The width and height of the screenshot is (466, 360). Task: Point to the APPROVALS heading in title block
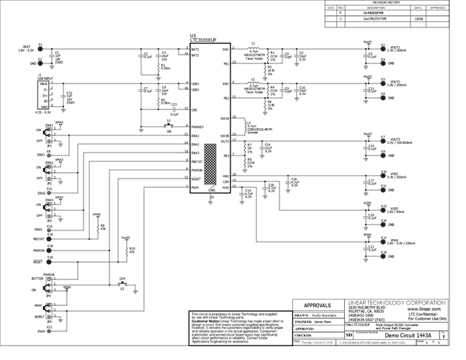click(318, 305)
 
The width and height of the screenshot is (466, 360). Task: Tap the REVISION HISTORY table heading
click(389, 3)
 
